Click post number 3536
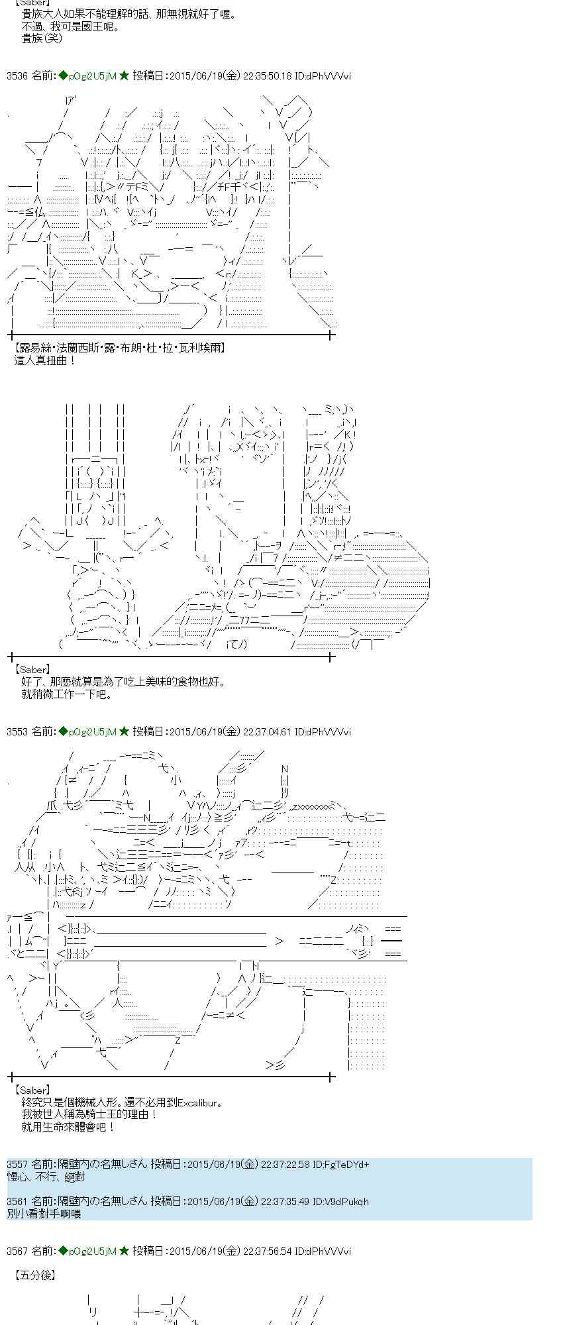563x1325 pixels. tap(17, 76)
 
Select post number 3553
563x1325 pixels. tap(17, 732)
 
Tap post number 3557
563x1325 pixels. tap(17, 1164)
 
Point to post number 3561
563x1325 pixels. tap(17, 1201)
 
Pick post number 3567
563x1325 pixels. tap(17, 1251)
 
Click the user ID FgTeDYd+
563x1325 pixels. tap(348, 1164)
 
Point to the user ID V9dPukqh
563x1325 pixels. tap(347, 1201)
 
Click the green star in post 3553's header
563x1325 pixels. tap(124, 732)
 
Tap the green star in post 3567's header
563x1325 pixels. tap(124, 1251)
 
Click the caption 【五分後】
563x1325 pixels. tap(34, 1275)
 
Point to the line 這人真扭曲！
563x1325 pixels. tap(45, 360)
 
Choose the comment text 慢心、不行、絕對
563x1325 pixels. tap(46, 1177)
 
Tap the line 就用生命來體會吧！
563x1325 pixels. tap(69, 1127)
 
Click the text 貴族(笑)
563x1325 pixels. tap(42, 38)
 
